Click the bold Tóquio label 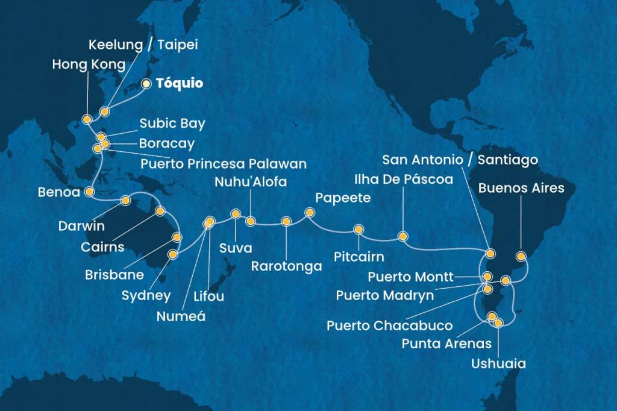pyautogui.click(x=179, y=84)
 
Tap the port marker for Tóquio pyautogui.click(x=146, y=84)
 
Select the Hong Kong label pyautogui.click(x=89, y=64)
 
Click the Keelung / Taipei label pyautogui.click(x=143, y=45)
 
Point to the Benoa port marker pyautogui.click(x=89, y=192)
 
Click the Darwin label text pyautogui.click(x=81, y=227)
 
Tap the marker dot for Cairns pyautogui.click(x=160, y=211)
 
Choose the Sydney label pyautogui.click(x=146, y=295)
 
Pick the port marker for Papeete pyautogui.click(x=310, y=212)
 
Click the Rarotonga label pyautogui.click(x=286, y=266)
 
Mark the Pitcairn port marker pyautogui.click(x=359, y=230)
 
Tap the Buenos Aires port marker pyautogui.click(x=522, y=256)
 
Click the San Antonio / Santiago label pyautogui.click(x=460, y=160)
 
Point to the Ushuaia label pyautogui.click(x=500, y=363)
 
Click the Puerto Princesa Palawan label pyautogui.click(x=223, y=163)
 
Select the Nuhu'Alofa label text pyautogui.click(x=250, y=182)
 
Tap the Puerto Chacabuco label pyautogui.click(x=389, y=325)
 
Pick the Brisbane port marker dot pyautogui.click(x=177, y=236)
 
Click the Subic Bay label pyautogui.click(x=172, y=124)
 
